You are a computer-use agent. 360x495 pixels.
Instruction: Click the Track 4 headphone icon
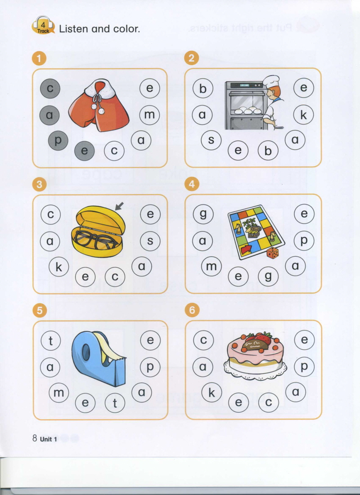(x=43, y=25)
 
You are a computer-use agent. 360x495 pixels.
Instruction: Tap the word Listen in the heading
(x=73, y=29)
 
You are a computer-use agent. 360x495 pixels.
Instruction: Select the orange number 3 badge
(x=40, y=184)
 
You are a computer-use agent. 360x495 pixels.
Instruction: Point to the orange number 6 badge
(x=192, y=311)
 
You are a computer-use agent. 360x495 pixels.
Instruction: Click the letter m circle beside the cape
(x=149, y=115)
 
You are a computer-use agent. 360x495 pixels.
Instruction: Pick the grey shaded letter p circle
(x=58, y=140)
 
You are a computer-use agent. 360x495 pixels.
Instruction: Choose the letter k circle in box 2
(x=303, y=115)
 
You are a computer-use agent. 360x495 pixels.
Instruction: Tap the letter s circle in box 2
(x=211, y=140)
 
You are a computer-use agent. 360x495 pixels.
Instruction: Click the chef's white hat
(x=271, y=81)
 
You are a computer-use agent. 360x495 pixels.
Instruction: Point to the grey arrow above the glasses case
(x=119, y=206)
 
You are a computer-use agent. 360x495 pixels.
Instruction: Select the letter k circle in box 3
(x=59, y=267)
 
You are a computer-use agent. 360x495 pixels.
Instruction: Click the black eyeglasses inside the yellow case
(x=94, y=240)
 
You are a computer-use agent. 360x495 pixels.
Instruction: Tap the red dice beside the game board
(x=273, y=253)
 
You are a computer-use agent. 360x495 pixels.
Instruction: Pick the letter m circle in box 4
(x=211, y=267)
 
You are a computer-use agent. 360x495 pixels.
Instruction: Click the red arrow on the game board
(x=245, y=250)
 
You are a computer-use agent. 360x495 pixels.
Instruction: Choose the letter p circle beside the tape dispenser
(x=150, y=367)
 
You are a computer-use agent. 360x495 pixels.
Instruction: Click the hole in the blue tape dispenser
(x=86, y=352)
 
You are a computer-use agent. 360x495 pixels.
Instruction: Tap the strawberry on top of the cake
(x=262, y=339)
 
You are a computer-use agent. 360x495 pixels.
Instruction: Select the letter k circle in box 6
(x=211, y=392)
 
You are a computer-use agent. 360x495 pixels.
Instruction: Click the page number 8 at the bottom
(x=35, y=438)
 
